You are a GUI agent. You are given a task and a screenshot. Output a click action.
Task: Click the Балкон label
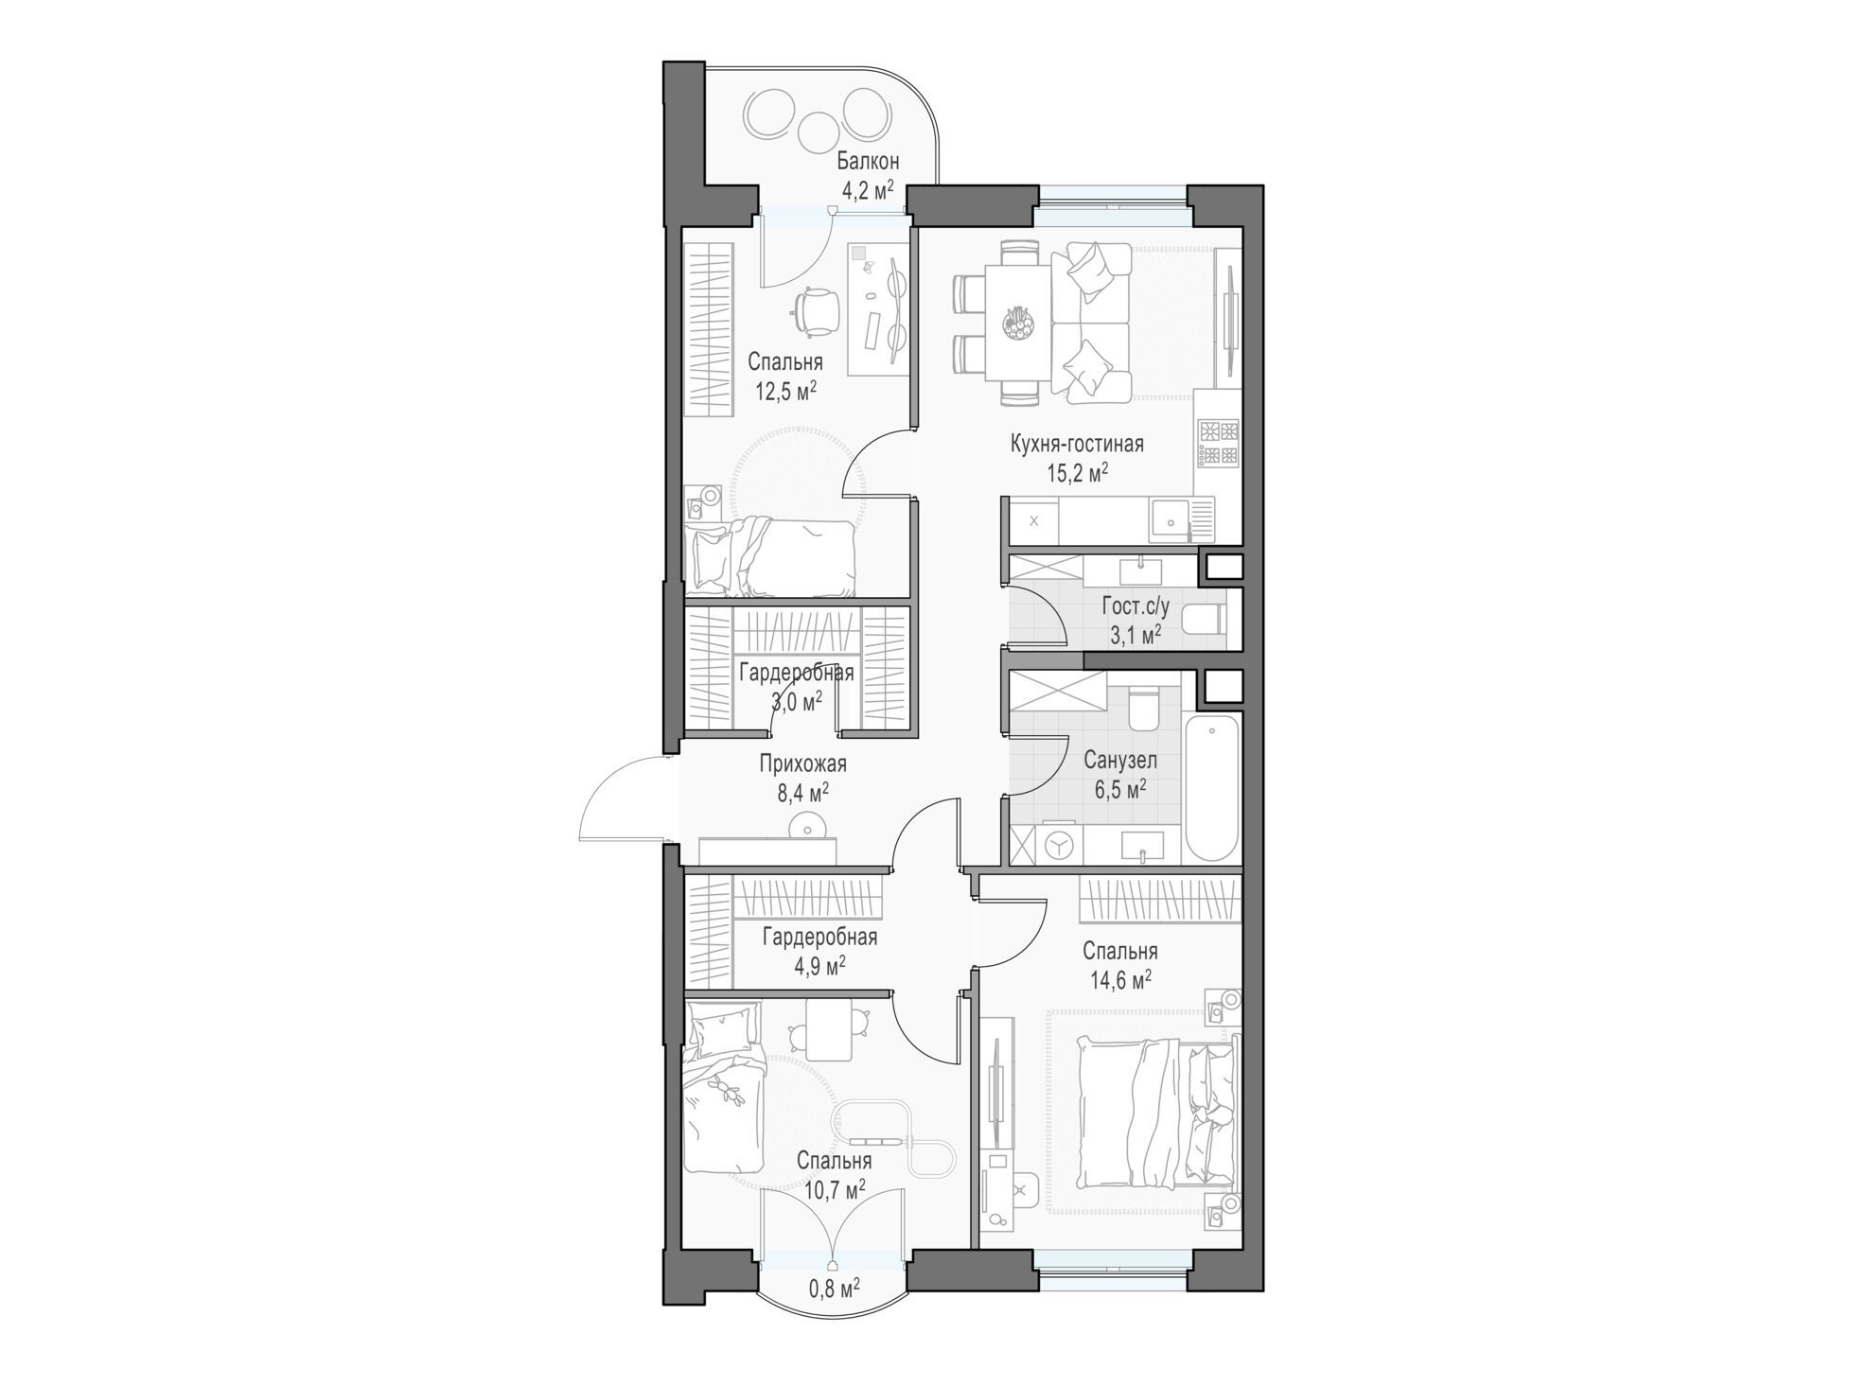868,162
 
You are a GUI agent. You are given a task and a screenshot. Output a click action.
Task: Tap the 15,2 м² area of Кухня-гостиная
1077,473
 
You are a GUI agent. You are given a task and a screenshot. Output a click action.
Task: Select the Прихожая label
802,763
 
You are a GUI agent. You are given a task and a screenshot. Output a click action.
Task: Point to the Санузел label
1120,761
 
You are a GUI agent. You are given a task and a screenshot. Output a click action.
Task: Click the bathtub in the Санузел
1211,787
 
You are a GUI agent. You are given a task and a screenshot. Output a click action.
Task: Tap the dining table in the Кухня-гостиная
1017,323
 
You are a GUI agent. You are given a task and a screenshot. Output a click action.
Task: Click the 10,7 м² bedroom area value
834,1189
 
